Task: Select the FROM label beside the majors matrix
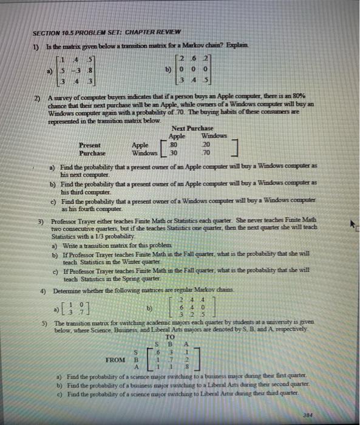pos(115,359)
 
